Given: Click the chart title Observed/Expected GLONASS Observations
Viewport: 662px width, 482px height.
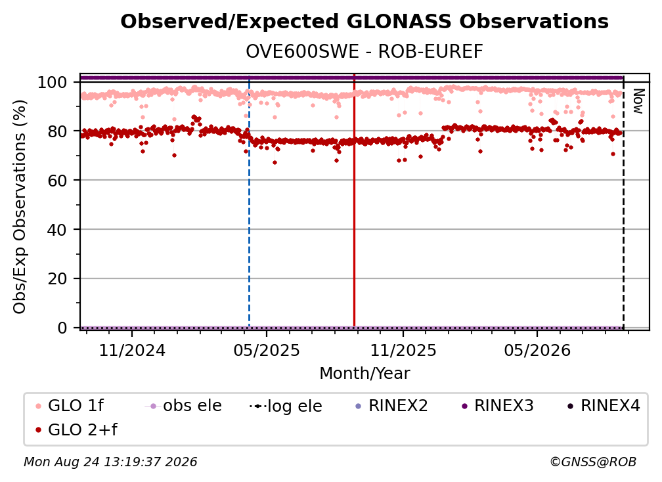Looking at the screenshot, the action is (364, 22).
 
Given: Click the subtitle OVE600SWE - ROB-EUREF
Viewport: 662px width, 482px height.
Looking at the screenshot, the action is (364, 52).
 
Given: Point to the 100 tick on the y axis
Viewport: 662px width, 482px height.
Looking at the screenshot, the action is (53, 82).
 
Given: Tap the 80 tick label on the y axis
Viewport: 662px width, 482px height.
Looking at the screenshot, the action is (57, 131).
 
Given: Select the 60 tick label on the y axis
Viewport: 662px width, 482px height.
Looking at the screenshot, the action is (57, 180).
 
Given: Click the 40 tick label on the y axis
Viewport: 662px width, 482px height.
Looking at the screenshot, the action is (57, 230).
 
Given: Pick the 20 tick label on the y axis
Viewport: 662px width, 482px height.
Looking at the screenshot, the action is (57, 278).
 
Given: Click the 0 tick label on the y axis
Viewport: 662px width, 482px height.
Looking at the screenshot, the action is (62, 328).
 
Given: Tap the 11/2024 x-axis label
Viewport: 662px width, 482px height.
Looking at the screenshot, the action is (132, 350).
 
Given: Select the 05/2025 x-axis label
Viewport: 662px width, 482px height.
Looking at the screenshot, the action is (267, 350).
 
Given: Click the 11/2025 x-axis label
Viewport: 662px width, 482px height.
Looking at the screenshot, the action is (403, 350).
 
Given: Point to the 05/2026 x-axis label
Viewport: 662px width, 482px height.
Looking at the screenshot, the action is (537, 350).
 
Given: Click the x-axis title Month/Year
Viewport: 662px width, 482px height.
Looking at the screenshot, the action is (364, 373).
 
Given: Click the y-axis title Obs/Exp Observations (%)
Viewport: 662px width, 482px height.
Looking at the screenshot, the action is (20, 207).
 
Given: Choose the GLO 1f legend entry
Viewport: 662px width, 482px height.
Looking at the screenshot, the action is (70, 406).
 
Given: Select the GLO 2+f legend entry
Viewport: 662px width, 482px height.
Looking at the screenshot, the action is (76, 429).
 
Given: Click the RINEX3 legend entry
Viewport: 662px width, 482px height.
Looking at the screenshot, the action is (498, 406).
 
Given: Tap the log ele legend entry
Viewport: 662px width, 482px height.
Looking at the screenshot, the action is (286, 406).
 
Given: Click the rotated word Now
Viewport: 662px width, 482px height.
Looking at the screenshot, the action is (638, 101).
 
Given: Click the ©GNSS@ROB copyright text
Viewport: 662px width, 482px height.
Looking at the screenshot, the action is (593, 462).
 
